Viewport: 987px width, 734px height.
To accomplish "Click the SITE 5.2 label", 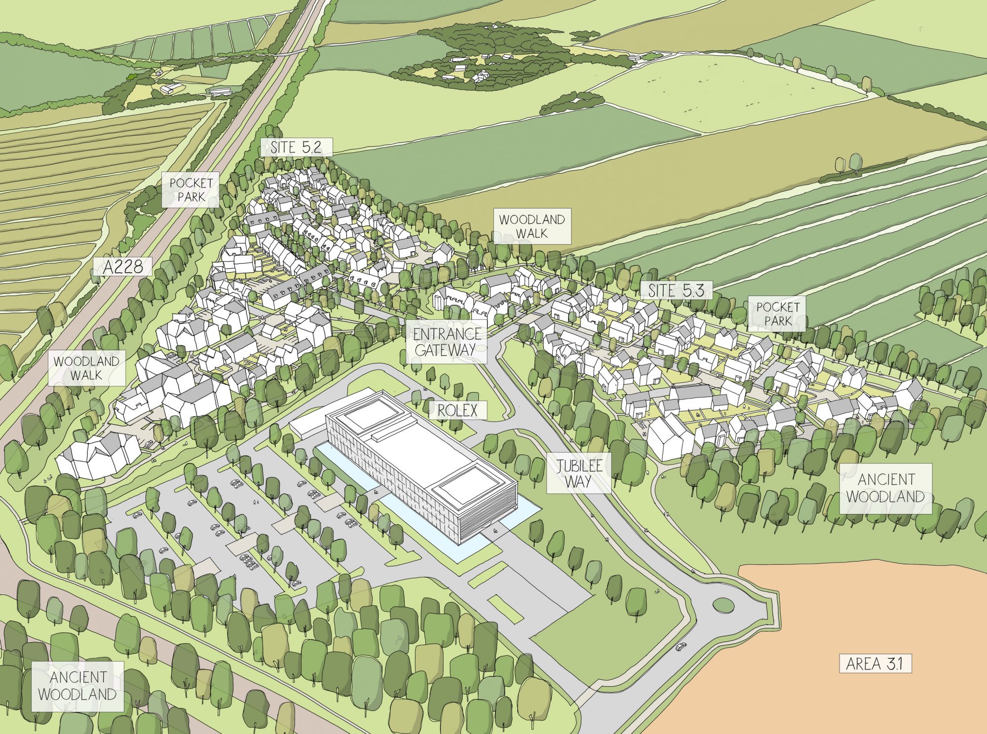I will pyautogui.click(x=296, y=147).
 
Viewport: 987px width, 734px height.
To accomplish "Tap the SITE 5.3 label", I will pyautogui.click(x=676, y=291).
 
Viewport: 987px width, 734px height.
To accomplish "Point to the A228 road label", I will pyautogui.click(x=123, y=267).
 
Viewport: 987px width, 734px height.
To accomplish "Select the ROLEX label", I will pyautogui.click(x=457, y=410).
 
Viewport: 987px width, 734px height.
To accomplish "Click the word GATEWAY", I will pyautogui.click(x=446, y=350).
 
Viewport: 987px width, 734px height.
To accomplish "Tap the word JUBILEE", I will pyautogui.click(x=579, y=466).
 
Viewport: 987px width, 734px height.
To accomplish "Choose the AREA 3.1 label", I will pyautogui.click(x=874, y=664).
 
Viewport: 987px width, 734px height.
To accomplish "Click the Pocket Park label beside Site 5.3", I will pyautogui.click(x=777, y=314).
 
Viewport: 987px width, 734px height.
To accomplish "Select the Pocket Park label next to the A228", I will pyautogui.click(x=191, y=189).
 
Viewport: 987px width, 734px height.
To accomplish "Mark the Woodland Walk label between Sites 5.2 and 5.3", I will pyautogui.click(x=531, y=226).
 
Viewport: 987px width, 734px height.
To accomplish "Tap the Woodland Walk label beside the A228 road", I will pyautogui.click(x=86, y=368).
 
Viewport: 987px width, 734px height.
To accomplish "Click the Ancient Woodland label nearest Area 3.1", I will pyautogui.click(x=885, y=488).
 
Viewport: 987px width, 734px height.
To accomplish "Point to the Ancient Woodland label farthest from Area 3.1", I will pyautogui.click(x=77, y=686).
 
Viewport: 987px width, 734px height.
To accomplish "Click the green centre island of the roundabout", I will pyautogui.click(x=723, y=604).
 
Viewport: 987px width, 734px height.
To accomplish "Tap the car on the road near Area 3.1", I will pyautogui.click(x=681, y=646).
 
